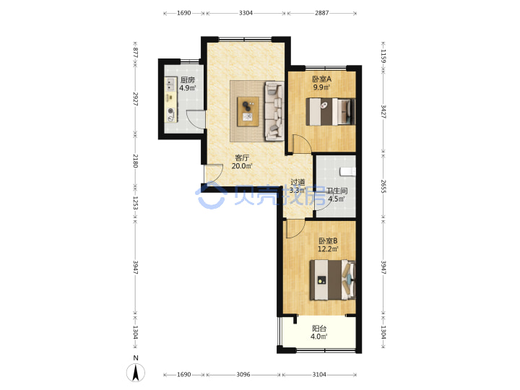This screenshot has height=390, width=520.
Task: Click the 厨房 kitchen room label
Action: click(187, 80)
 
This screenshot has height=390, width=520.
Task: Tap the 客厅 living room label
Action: click(242, 158)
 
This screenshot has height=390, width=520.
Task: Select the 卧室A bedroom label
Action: click(321, 79)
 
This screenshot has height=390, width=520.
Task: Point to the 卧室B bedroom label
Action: click(328, 241)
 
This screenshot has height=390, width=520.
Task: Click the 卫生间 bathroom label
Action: click(337, 191)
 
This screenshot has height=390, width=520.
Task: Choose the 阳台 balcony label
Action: click(319, 329)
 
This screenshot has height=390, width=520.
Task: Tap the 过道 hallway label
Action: click(298, 182)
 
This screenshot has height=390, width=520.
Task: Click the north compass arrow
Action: click(136, 373)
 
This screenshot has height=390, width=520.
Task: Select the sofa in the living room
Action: click(274, 111)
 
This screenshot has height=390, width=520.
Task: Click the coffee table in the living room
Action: click(248, 111)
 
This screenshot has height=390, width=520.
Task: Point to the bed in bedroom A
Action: click(330, 112)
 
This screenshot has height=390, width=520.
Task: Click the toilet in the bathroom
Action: click(347, 171)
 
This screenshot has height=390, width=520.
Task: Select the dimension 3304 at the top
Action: click(246, 13)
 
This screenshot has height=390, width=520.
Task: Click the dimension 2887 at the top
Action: click(321, 13)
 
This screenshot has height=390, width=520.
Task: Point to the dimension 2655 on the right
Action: click(383, 186)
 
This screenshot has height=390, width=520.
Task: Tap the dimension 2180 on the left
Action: click(135, 160)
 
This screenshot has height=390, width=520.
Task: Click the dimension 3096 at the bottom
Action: click(243, 374)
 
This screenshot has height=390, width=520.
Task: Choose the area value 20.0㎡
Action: click(242, 166)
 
